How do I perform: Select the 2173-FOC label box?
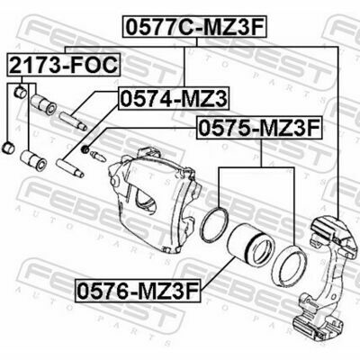click(x=64, y=65)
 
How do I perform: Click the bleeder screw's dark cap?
click(x=85, y=148)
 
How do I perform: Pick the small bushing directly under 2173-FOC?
click(x=21, y=93)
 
